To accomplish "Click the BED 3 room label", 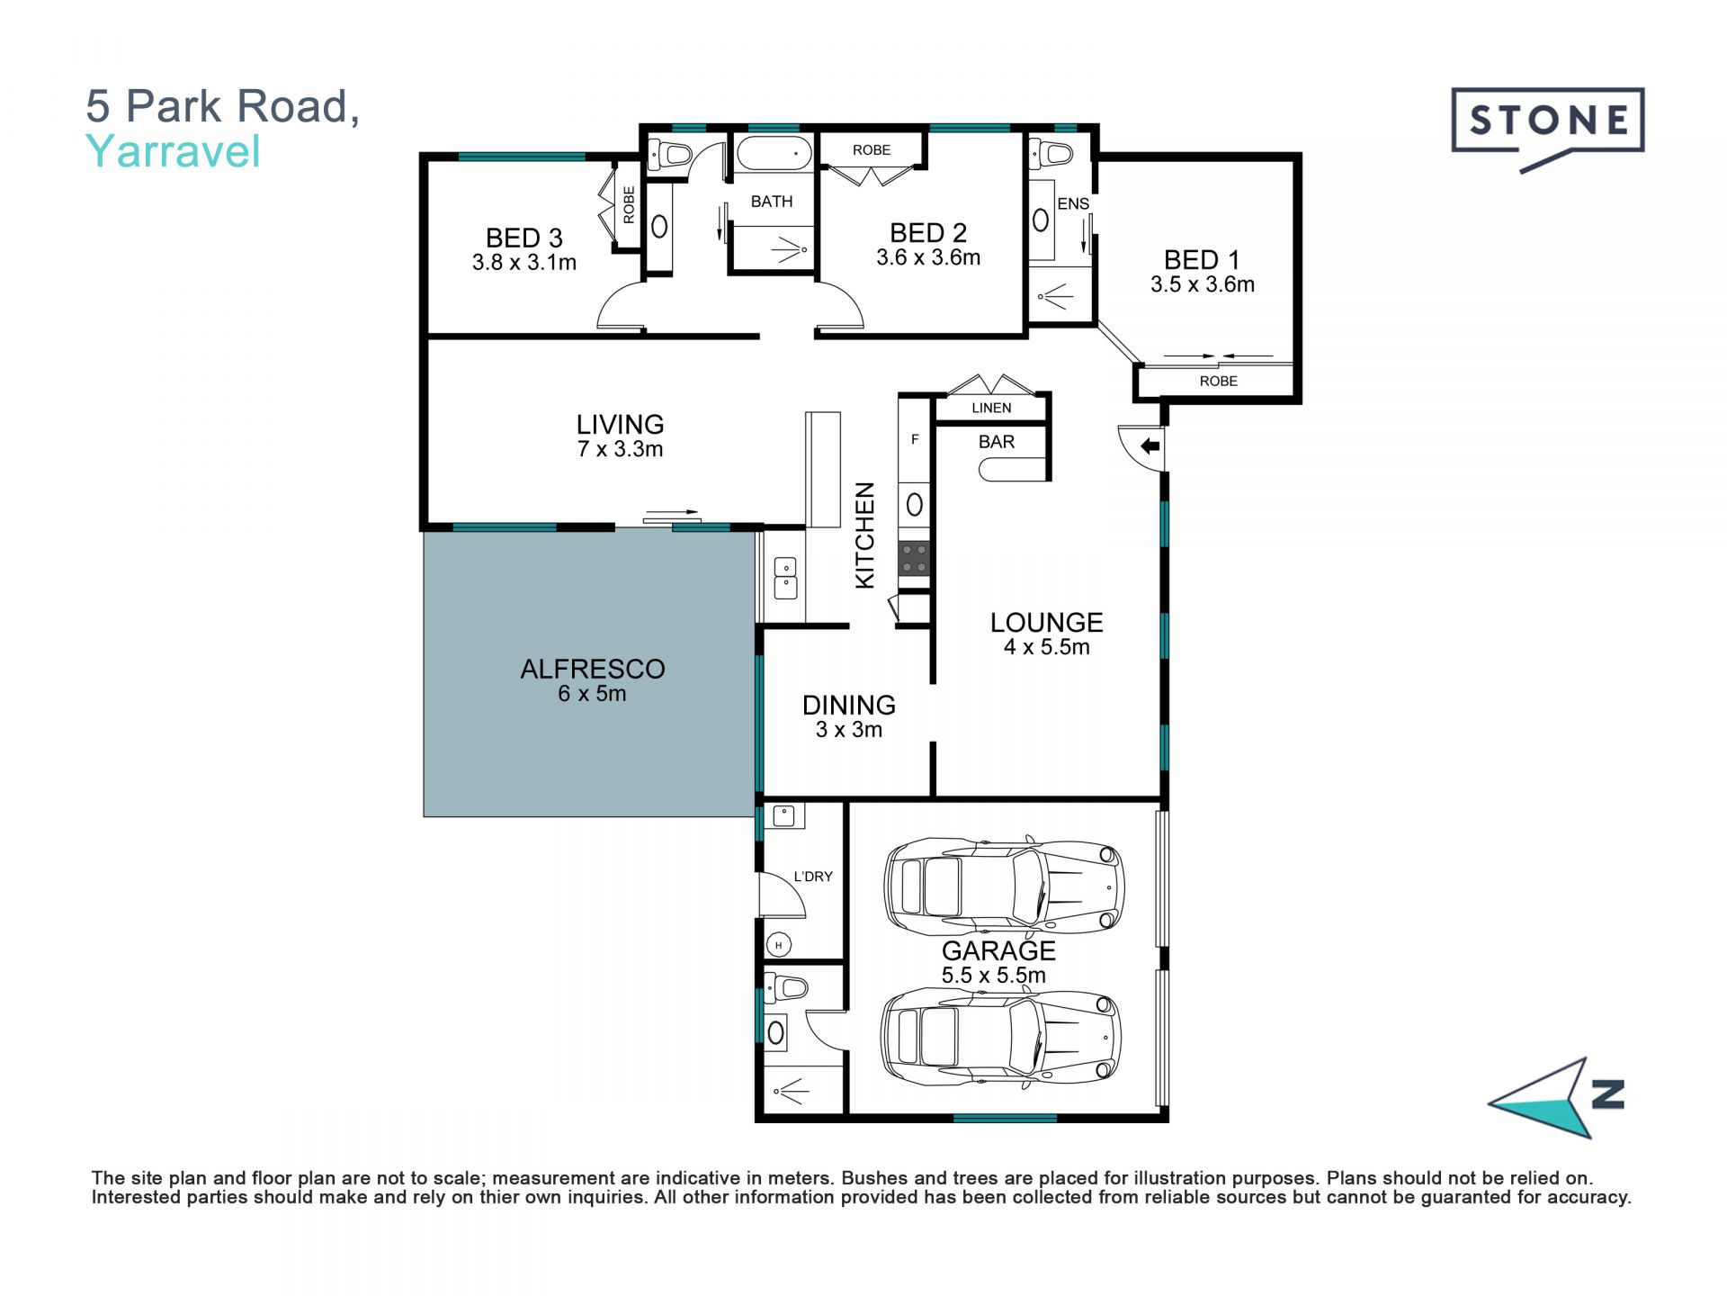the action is click(523, 238).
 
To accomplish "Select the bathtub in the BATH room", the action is click(773, 154).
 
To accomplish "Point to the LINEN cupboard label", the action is click(991, 408).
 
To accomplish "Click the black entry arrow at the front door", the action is click(1150, 445).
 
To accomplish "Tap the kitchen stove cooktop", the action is click(914, 558).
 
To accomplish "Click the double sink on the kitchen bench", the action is click(785, 578).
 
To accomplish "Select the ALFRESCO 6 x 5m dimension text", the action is click(592, 693).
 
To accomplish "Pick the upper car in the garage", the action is click(1004, 886).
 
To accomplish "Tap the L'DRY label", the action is click(813, 877).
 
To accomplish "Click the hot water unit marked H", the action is click(779, 944).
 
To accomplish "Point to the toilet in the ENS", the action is click(1051, 154).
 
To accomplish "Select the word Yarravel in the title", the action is click(173, 151).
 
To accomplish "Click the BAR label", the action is click(997, 442).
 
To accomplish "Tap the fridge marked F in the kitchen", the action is click(915, 440).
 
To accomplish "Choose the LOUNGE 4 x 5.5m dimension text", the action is click(1047, 646).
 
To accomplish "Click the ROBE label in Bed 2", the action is click(872, 150).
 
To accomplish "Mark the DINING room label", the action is click(849, 705).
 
